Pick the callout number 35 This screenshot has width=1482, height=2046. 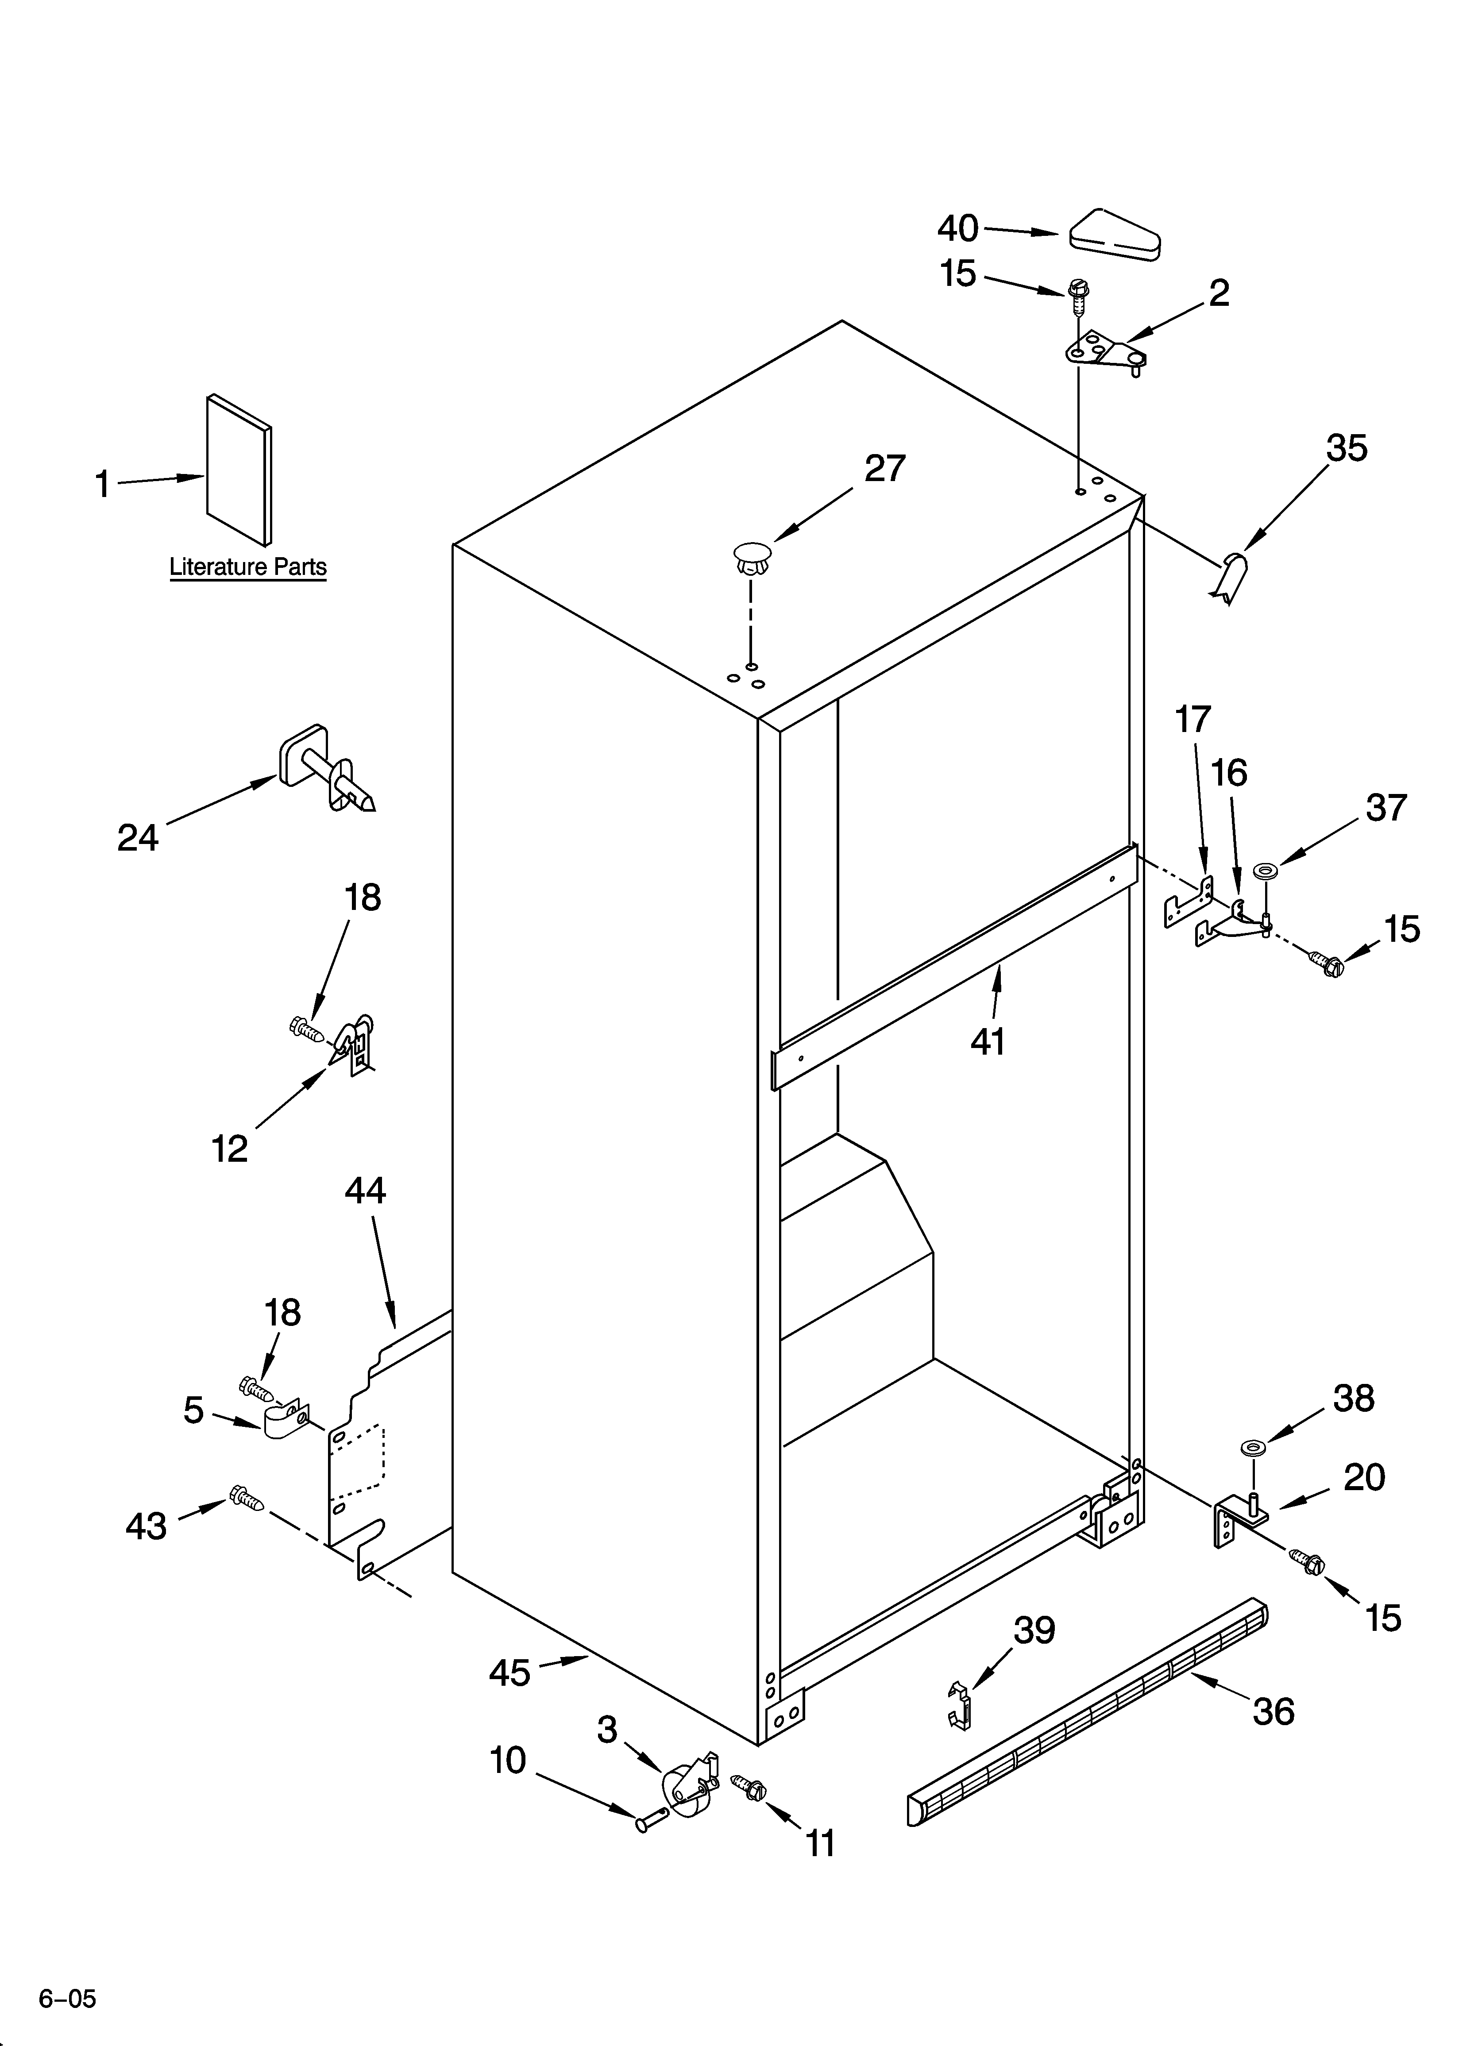[1347, 448]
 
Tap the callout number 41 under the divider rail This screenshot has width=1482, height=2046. [988, 1042]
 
